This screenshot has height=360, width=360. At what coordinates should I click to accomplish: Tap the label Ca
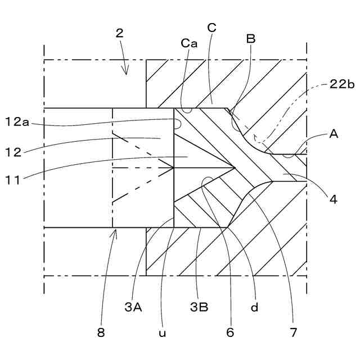coord(189,43)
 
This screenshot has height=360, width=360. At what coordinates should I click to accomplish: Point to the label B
coord(251,39)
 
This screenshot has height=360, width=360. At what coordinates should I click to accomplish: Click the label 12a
coord(18,122)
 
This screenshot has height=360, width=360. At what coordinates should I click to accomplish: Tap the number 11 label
coord(14,180)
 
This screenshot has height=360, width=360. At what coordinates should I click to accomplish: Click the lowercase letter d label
coord(254,307)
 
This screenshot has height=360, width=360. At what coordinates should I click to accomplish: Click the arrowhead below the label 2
coord(127,72)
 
